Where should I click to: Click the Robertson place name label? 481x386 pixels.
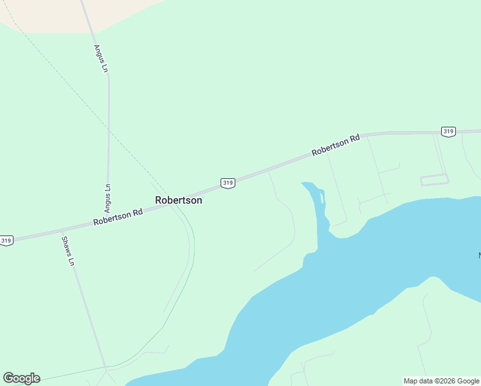(x=179, y=200)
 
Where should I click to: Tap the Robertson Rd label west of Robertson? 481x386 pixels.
(x=118, y=216)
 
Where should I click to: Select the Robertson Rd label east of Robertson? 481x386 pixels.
(x=336, y=145)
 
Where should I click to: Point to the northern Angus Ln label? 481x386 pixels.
(x=100, y=58)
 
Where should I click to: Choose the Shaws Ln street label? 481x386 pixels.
(x=68, y=252)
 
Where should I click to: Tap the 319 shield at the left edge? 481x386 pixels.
(x=6, y=241)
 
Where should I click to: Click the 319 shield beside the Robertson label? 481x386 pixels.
(x=227, y=183)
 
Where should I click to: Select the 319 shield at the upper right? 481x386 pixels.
(x=448, y=131)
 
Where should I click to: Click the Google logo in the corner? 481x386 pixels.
(x=21, y=378)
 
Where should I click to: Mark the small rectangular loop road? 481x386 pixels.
(x=434, y=180)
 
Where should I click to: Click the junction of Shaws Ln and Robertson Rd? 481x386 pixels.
(x=62, y=230)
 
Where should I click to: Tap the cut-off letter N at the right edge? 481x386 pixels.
(x=479, y=256)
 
